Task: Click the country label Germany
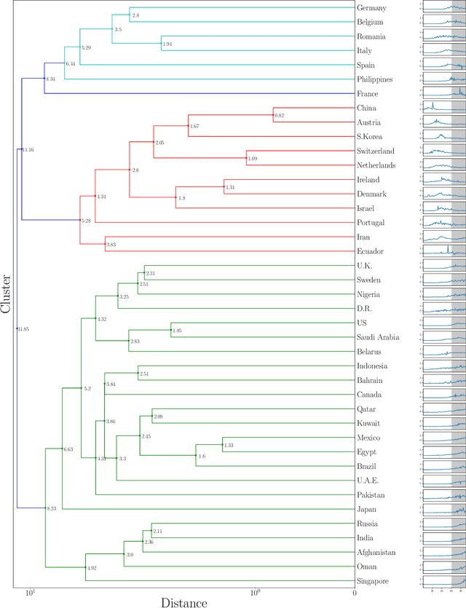372,8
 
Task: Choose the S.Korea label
371,137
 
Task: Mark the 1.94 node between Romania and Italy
167,44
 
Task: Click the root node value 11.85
23,329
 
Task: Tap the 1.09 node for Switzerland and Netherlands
252,159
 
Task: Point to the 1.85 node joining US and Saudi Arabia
177,331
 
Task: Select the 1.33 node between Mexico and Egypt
228,445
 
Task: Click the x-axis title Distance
183,601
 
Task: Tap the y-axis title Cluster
7,293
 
